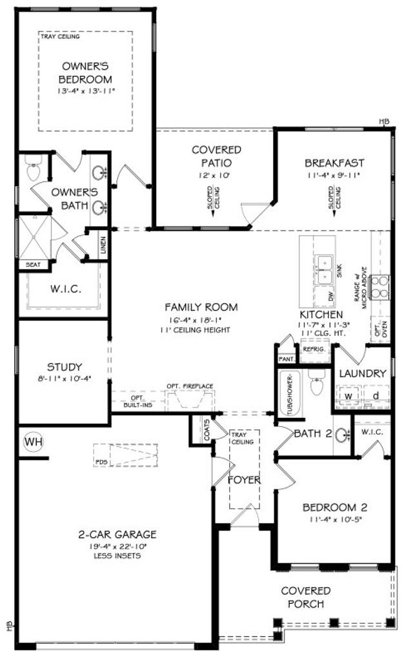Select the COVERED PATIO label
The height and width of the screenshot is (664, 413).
click(x=216, y=156)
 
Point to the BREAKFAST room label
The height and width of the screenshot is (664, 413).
click(x=334, y=163)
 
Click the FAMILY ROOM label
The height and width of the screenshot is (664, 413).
click(x=201, y=307)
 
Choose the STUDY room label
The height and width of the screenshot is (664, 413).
click(x=65, y=367)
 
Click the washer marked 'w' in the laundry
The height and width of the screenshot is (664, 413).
click(x=347, y=395)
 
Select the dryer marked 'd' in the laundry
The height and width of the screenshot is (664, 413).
click(x=376, y=395)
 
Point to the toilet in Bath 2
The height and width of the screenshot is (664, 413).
click(x=316, y=385)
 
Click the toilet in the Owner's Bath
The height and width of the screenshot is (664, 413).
click(x=33, y=171)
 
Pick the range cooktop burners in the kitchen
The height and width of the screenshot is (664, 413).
click(x=380, y=287)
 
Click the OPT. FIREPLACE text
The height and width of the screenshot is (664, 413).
click(x=190, y=386)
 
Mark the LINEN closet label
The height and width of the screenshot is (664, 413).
click(x=103, y=246)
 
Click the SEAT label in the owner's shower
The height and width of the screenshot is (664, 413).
click(x=32, y=264)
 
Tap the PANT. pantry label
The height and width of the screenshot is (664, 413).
click(x=286, y=359)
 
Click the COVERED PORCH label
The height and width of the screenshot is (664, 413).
click(x=306, y=597)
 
